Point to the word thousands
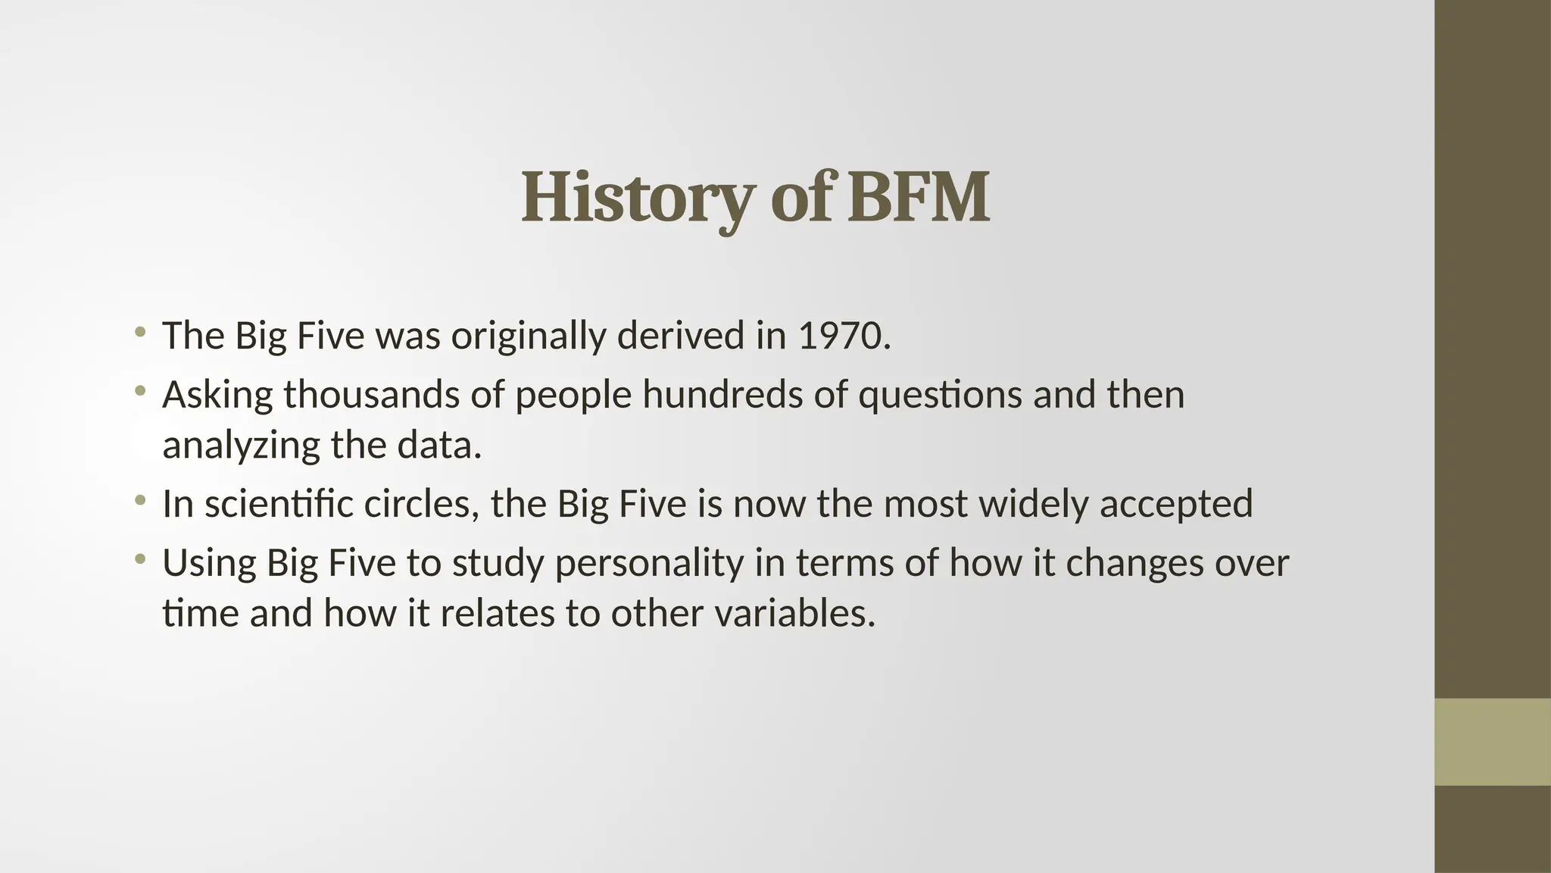(371, 395)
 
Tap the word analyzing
(242, 446)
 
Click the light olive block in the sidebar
(1493, 742)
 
